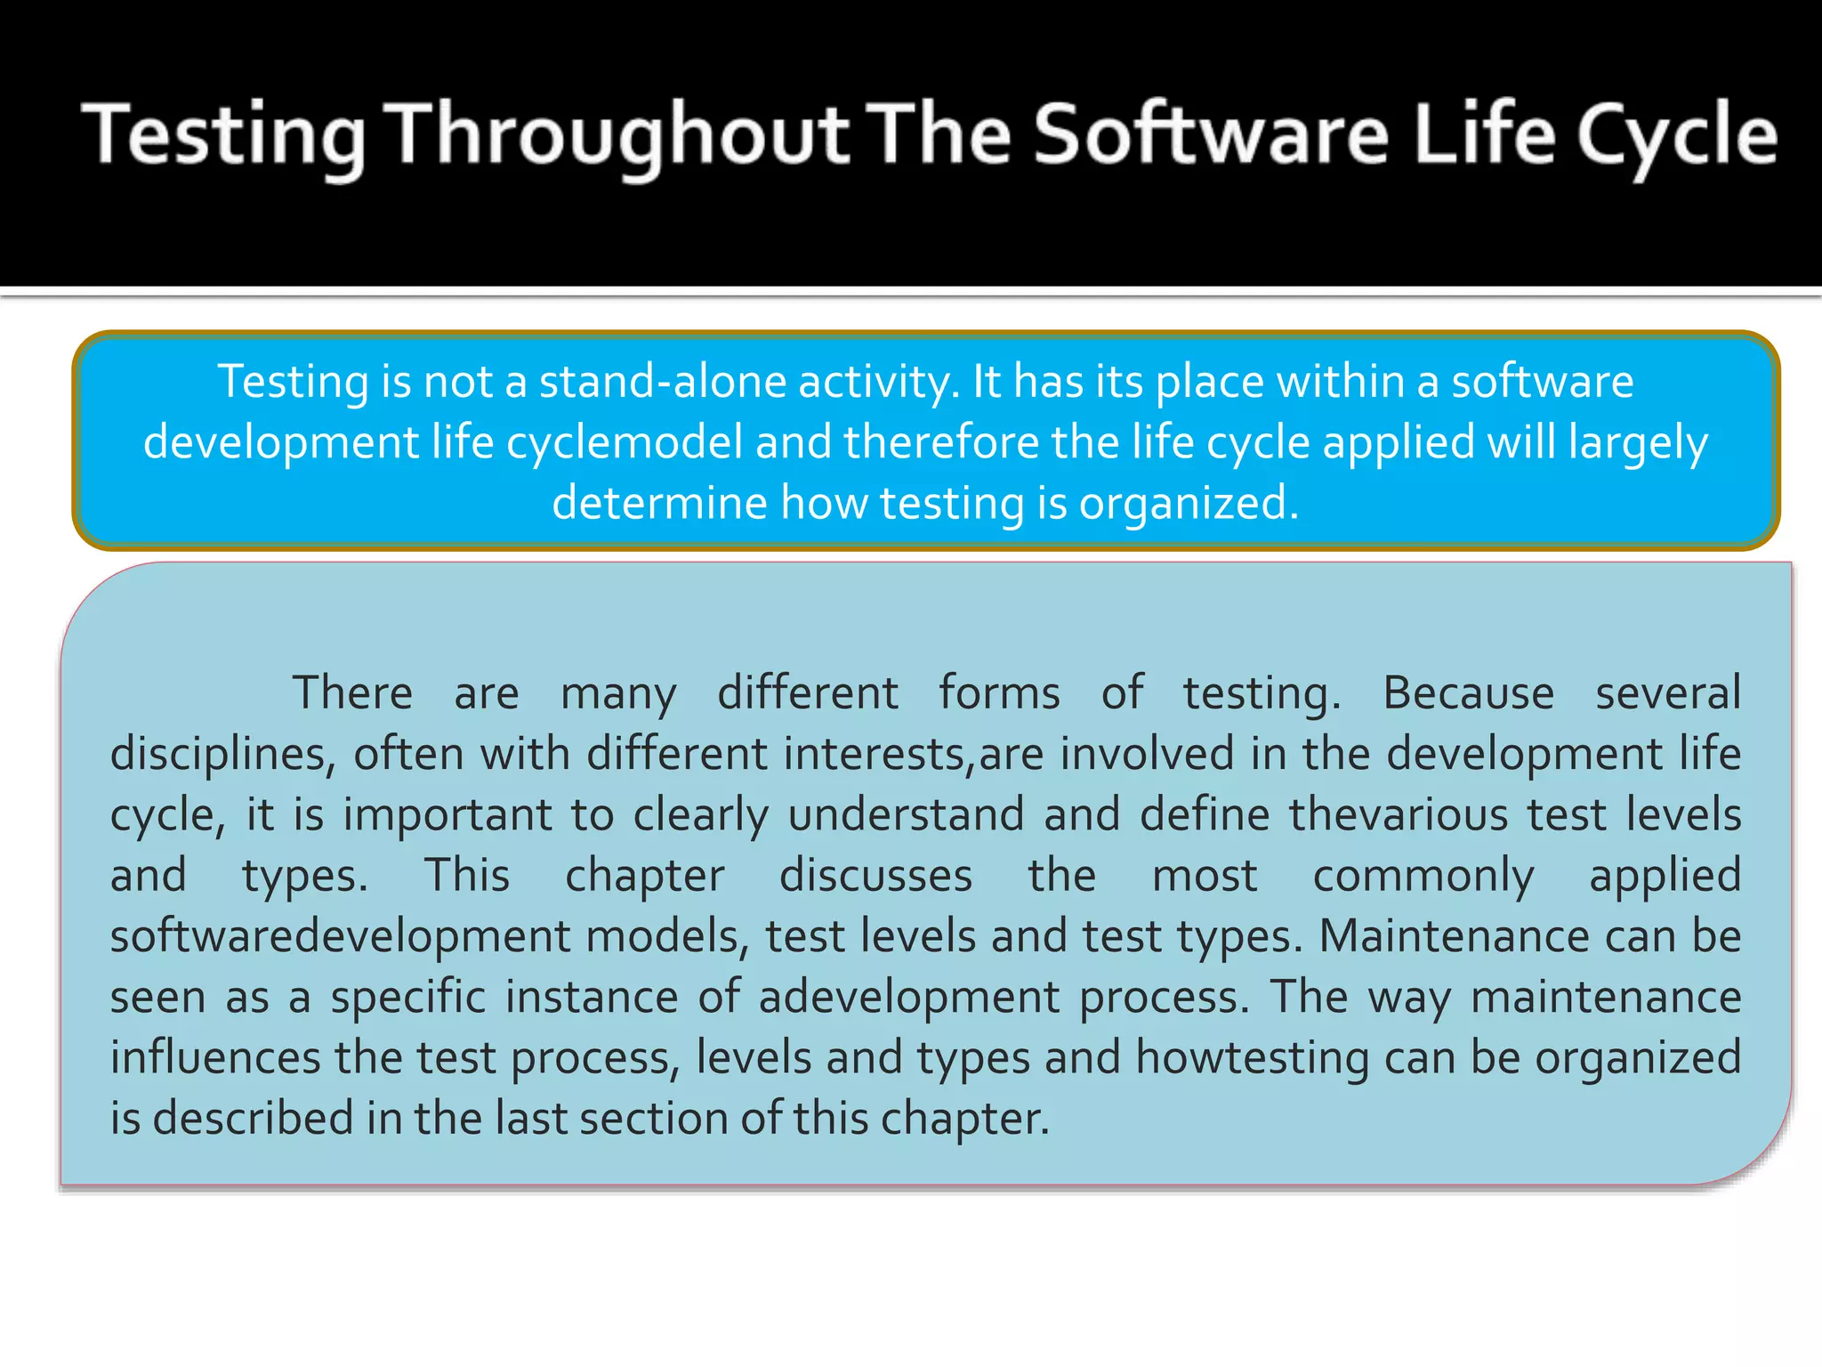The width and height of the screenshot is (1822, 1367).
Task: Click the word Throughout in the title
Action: coord(620,135)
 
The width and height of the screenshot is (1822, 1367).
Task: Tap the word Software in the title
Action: coord(1211,135)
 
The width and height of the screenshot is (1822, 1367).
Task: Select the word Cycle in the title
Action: coord(1676,135)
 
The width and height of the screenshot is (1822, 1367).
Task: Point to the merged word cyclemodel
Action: coord(625,442)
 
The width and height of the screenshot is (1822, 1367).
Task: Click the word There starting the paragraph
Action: coord(352,693)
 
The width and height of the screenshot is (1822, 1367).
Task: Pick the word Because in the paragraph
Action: coord(1468,693)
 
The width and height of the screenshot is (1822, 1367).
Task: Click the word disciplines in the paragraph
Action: coord(222,754)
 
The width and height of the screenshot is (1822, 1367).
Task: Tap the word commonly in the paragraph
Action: coord(1423,876)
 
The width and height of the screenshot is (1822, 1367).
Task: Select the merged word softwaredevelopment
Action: coord(340,936)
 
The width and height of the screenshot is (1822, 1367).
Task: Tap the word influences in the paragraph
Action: coord(214,1058)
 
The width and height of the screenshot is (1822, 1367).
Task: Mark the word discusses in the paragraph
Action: coord(875,876)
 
